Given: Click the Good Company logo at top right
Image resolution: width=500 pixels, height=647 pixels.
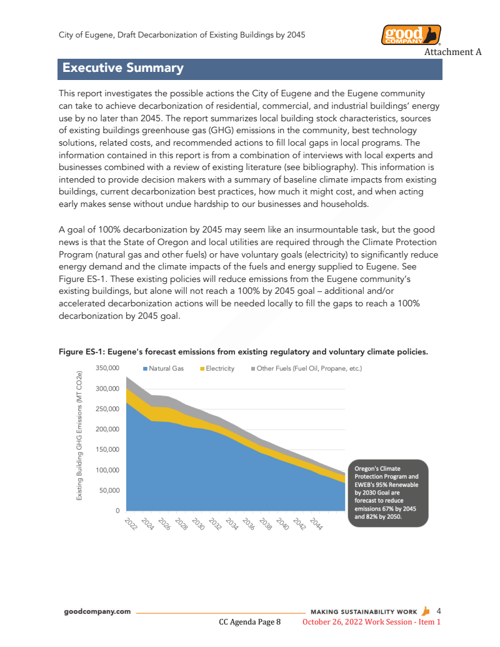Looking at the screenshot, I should (411, 35).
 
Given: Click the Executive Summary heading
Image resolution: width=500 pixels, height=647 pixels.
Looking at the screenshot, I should (122, 68).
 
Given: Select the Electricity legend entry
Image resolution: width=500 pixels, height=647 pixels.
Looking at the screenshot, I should (216, 369).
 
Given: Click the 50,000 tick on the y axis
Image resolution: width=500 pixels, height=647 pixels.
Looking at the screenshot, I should (109, 490).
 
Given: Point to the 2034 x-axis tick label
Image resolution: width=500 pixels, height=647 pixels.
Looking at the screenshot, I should (231, 523).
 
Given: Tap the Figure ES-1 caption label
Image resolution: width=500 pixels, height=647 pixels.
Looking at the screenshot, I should (243, 352).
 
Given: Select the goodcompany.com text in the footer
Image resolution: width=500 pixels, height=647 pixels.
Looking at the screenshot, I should (97, 611).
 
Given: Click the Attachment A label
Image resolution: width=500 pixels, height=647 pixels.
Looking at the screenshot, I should (452, 52).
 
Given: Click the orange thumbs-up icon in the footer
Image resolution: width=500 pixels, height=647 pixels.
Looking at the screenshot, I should (426, 611).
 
